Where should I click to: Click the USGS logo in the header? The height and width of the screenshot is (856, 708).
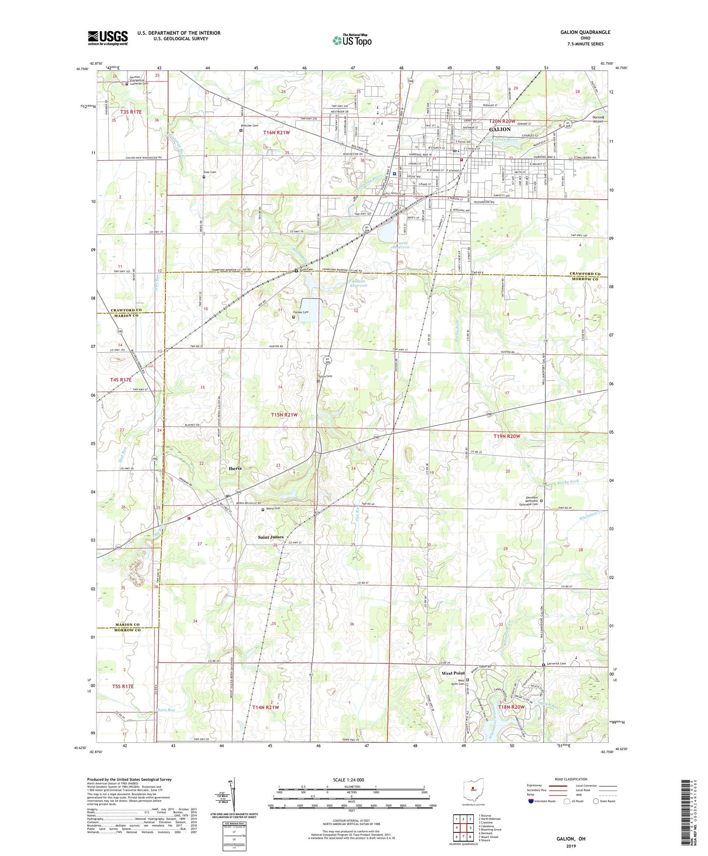coord(108,38)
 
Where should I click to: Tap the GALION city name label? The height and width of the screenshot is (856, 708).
coord(500,129)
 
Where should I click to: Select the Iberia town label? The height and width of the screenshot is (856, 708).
coord(235,469)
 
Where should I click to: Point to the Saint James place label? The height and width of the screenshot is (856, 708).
coord(270,537)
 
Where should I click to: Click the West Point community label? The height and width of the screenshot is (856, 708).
coord(453,673)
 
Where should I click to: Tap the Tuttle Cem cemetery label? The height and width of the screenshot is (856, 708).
coord(326,377)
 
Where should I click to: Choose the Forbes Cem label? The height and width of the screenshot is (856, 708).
coord(300,312)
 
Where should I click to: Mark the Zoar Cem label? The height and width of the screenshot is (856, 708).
coord(210,172)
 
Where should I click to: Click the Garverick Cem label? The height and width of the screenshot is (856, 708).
coord(556,664)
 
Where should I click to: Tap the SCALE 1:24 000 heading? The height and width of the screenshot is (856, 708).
coord(348,780)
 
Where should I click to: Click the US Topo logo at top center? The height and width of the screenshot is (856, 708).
coord(352,40)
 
